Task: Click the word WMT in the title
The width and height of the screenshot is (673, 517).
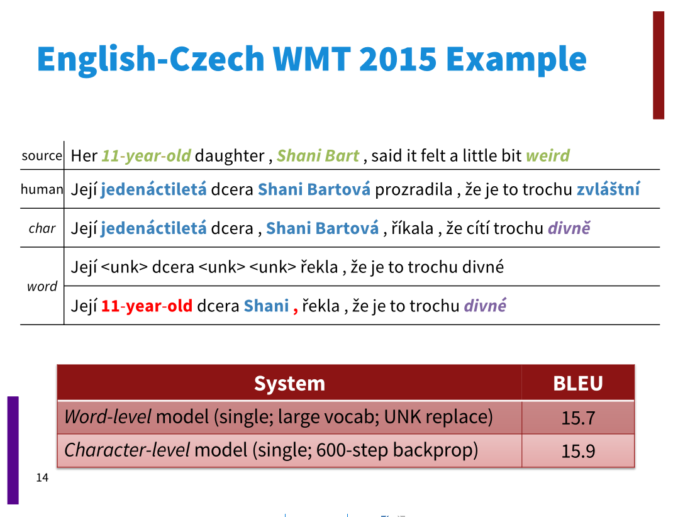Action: pyautogui.click(x=311, y=58)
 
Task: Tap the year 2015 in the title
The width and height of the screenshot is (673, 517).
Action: pyautogui.click(x=398, y=58)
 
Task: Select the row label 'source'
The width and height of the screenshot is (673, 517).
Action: pyautogui.click(x=42, y=155)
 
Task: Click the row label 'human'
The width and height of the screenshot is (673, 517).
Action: pyautogui.click(x=42, y=189)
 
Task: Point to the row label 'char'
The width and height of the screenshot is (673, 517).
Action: pyautogui.click(x=42, y=228)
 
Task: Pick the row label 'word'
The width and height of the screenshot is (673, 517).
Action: pyautogui.click(x=42, y=286)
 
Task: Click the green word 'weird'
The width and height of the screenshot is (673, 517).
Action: pyautogui.click(x=548, y=155)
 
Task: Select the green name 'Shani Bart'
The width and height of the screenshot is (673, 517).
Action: pyautogui.click(x=318, y=155)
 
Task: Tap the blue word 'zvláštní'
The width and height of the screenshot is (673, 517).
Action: pyautogui.click(x=608, y=189)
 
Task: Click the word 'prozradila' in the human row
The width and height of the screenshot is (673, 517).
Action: pyautogui.click(x=414, y=190)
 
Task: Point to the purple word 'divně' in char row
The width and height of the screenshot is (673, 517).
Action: pyautogui.click(x=569, y=228)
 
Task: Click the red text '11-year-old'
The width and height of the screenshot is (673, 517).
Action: pyautogui.click(x=147, y=306)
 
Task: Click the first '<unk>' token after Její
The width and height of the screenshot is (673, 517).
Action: pyautogui.click(x=125, y=267)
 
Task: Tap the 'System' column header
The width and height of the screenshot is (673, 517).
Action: pyautogui.click(x=289, y=383)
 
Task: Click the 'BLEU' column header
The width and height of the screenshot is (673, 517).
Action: pyautogui.click(x=578, y=383)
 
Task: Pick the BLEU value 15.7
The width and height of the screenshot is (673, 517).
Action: pyautogui.click(x=578, y=418)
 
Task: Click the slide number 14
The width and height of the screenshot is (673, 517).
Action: pyautogui.click(x=42, y=477)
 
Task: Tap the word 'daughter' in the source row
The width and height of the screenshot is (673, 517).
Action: pyautogui.click(x=230, y=155)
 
